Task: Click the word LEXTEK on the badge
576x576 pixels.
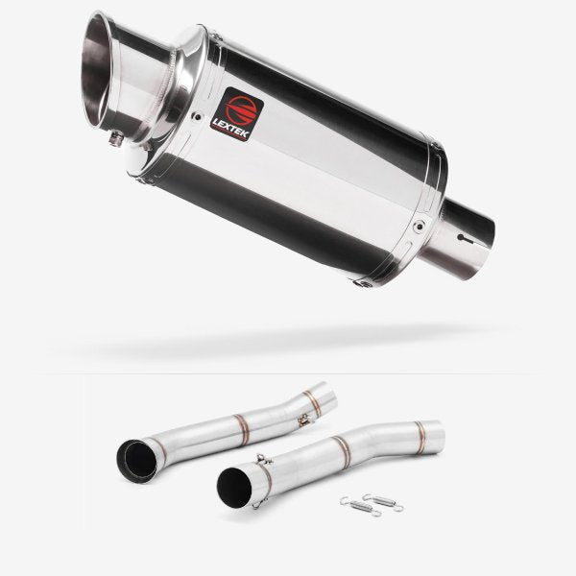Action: click(231, 128)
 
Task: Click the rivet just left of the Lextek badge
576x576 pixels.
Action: click(198, 117)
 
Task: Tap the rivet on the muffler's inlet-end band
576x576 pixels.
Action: click(418, 226)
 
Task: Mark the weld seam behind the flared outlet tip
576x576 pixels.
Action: click(171, 84)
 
